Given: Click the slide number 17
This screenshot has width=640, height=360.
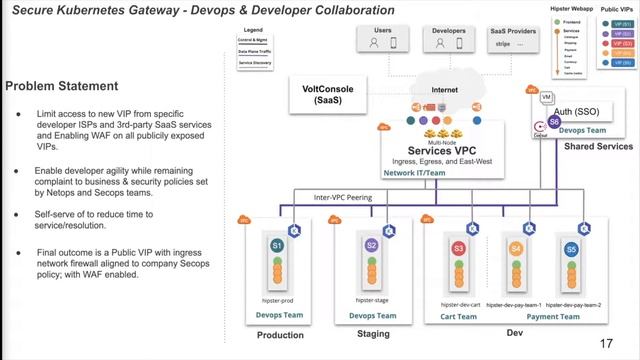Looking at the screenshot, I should pos(606,343).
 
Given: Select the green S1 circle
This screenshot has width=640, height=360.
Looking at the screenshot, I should pos(278,245).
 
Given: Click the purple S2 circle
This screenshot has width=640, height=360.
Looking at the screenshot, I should pos(371,245).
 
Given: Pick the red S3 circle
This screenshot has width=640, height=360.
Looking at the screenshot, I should pos(458,247).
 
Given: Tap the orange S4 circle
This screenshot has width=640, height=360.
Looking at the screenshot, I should pos(515,247).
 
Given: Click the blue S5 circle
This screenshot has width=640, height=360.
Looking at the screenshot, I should pos(571,247).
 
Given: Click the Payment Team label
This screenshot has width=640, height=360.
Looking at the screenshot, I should pos(542,316).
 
